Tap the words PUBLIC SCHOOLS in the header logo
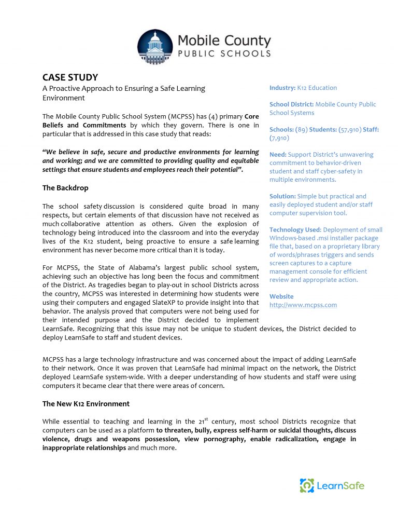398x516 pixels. click(224, 53)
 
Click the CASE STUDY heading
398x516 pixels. click(70, 77)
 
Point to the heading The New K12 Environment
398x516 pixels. click(86, 403)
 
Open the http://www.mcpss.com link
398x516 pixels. click(303, 305)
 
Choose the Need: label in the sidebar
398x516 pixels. click(278, 154)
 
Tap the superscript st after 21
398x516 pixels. click(207, 419)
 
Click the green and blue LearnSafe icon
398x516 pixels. click(307, 486)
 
